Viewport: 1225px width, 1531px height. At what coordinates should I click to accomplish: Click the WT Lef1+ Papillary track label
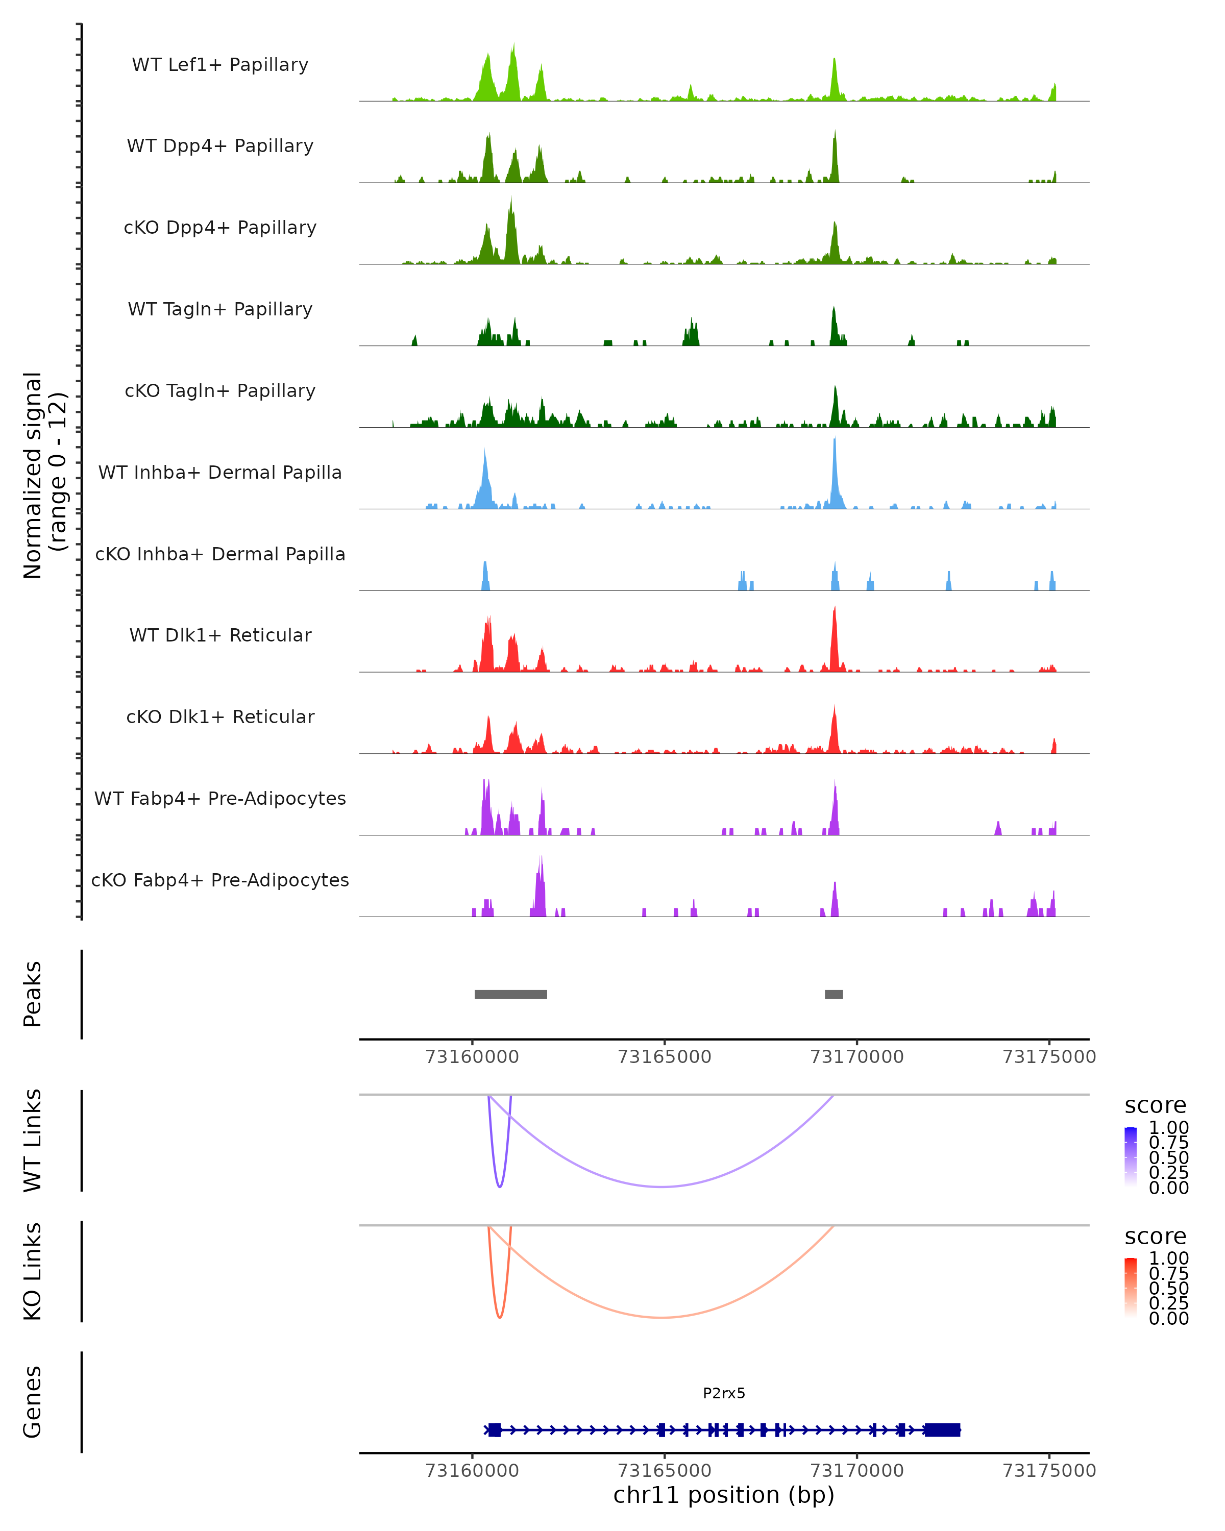[x=220, y=65]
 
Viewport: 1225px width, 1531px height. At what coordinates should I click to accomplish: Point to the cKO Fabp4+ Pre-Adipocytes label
[x=220, y=880]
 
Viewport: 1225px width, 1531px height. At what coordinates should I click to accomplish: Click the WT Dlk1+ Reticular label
[x=220, y=635]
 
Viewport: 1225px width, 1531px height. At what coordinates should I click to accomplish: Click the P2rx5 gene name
[x=724, y=1393]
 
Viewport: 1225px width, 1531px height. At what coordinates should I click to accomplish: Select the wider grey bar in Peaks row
[x=510, y=994]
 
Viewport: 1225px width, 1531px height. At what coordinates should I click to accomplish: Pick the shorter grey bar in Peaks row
[x=834, y=994]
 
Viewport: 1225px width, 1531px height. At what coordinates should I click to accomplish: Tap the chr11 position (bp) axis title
[x=724, y=1495]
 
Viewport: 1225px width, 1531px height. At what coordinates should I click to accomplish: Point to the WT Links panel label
[x=33, y=1141]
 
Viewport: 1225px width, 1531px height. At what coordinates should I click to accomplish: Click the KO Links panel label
[x=33, y=1271]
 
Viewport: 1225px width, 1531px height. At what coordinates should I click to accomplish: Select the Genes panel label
[x=33, y=1402]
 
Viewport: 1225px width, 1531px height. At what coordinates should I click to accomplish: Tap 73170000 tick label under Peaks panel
[x=857, y=1057]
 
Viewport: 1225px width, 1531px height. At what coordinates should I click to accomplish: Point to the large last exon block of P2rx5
[x=942, y=1429]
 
